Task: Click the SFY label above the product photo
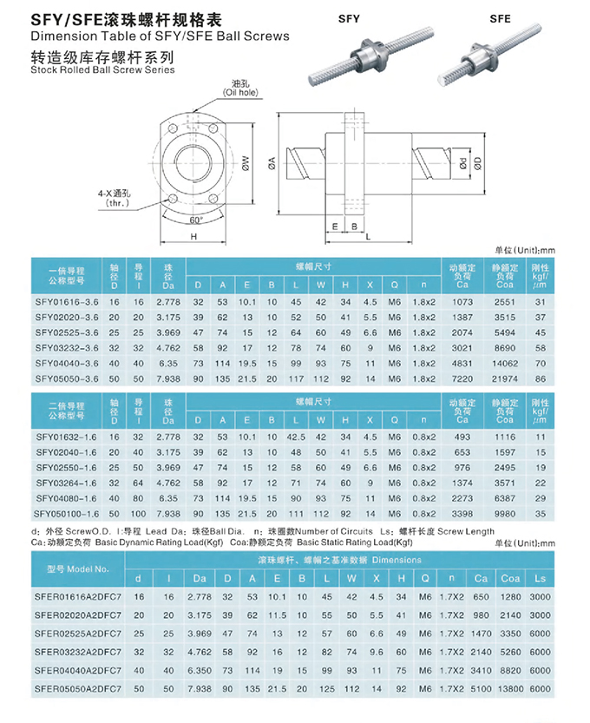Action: tap(349, 16)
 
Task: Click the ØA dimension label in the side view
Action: tap(272, 161)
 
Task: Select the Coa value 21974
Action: tap(504, 379)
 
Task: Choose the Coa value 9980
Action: tap(504, 513)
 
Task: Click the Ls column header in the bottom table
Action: tap(539, 576)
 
